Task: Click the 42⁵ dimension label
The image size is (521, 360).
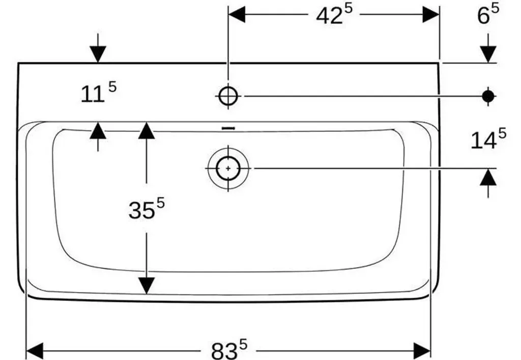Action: point(334,15)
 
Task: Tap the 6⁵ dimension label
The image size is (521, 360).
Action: point(488,14)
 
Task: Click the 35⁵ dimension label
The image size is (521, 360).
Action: point(147,208)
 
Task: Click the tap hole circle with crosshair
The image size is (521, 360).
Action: point(228,96)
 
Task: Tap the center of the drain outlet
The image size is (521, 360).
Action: point(228,169)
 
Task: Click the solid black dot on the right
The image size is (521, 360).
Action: point(488,96)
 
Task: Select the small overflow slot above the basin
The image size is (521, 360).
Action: point(228,128)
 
